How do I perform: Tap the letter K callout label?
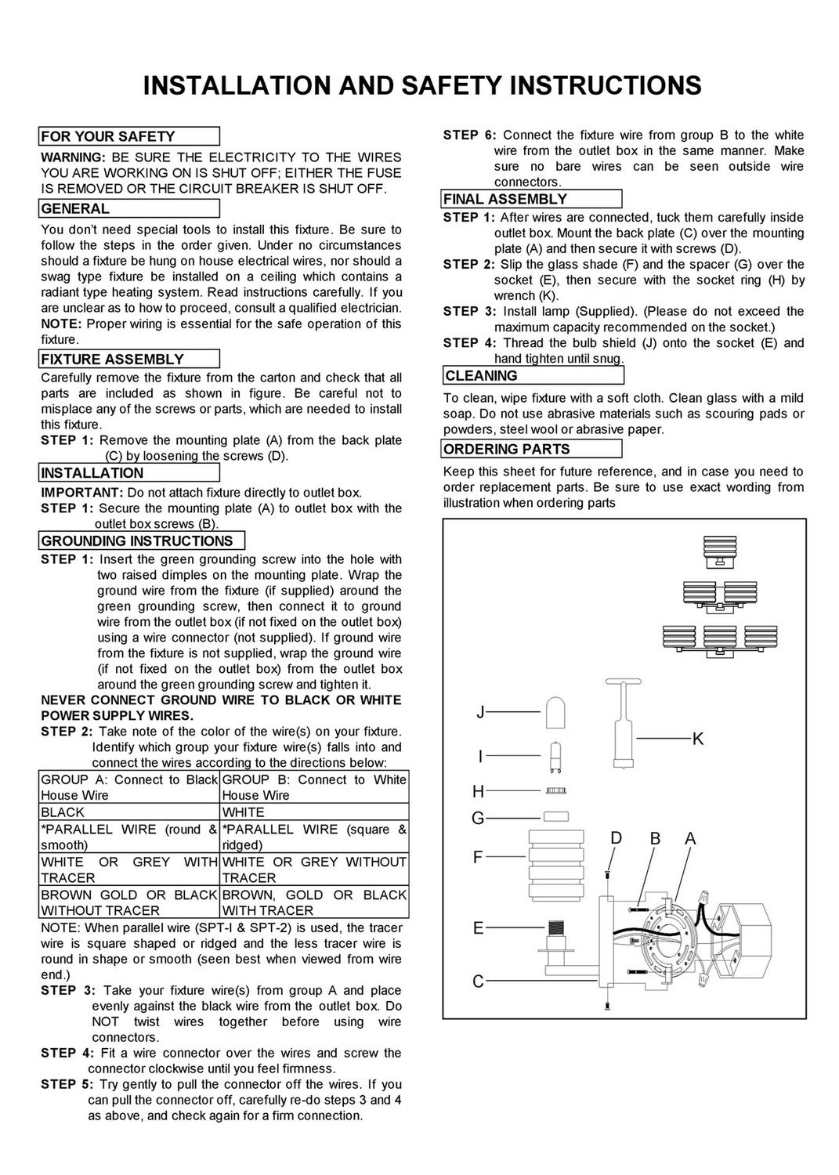(697, 739)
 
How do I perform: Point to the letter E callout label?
(478, 928)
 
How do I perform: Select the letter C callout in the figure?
(478, 981)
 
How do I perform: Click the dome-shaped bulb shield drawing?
(555, 712)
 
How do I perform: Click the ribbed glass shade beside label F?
(555, 864)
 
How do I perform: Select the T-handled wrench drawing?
(623, 723)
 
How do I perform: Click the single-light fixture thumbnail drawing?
(720, 551)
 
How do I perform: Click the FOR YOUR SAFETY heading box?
(129, 136)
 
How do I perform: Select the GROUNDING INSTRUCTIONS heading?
(142, 540)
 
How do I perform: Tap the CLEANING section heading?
(533, 375)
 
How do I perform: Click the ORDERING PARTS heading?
(533, 449)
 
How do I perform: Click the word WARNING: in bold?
(74, 157)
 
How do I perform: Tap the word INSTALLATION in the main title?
(237, 85)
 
